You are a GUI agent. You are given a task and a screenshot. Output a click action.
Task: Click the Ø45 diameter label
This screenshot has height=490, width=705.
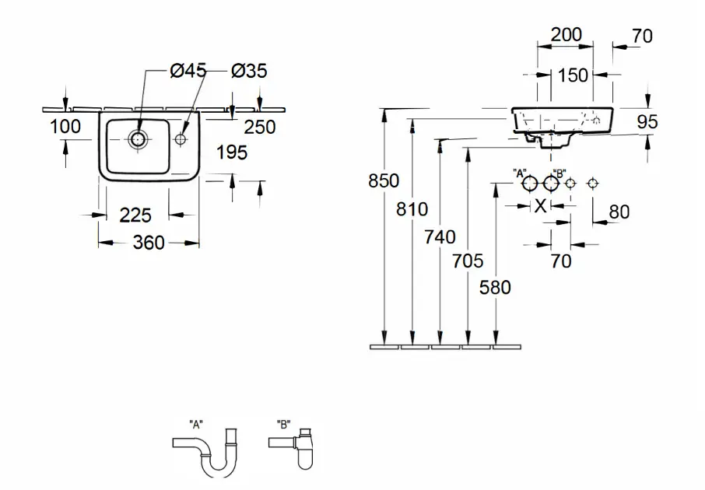tap(188, 71)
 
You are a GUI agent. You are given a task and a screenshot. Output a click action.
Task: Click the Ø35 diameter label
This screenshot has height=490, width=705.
tap(249, 71)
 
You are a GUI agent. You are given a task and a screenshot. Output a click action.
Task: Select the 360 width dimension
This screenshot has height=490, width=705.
tap(149, 243)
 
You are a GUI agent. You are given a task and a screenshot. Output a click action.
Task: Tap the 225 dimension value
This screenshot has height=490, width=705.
tap(135, 215)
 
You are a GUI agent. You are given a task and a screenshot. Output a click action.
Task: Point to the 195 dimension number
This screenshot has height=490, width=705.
tap(232, 152)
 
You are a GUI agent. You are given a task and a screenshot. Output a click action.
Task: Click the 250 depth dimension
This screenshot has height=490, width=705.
tap(260, 128)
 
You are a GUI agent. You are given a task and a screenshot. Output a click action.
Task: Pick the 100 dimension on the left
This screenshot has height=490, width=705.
tap(65, 126)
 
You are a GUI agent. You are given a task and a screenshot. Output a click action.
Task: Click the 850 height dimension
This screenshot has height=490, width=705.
tap(384, 180)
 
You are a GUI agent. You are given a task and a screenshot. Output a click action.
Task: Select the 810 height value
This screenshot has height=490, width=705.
tap(412, 209)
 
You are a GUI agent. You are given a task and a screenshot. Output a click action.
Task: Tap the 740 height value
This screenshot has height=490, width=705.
tap(440, 237)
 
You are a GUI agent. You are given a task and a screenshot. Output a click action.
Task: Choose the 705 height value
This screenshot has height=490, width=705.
tap(468, 261)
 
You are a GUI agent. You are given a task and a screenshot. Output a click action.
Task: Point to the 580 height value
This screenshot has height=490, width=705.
tap(495, 287)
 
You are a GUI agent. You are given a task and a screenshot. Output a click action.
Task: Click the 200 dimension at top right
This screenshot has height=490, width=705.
tap(566, 34)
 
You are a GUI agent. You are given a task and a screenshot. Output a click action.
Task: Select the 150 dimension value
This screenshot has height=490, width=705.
tap(573, 75)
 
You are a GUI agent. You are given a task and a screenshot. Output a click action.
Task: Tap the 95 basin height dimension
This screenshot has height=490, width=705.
tap(647, 121)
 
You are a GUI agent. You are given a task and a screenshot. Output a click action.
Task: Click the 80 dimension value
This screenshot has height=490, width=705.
tap(619, 212)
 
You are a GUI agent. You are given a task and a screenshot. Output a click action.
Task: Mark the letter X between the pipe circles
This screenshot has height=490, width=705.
tap(541, 206)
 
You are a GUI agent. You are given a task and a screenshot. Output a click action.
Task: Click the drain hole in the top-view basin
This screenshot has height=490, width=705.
tap(138, 140)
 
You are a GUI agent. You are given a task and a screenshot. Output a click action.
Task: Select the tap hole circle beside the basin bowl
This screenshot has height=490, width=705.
tap(181, 139)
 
